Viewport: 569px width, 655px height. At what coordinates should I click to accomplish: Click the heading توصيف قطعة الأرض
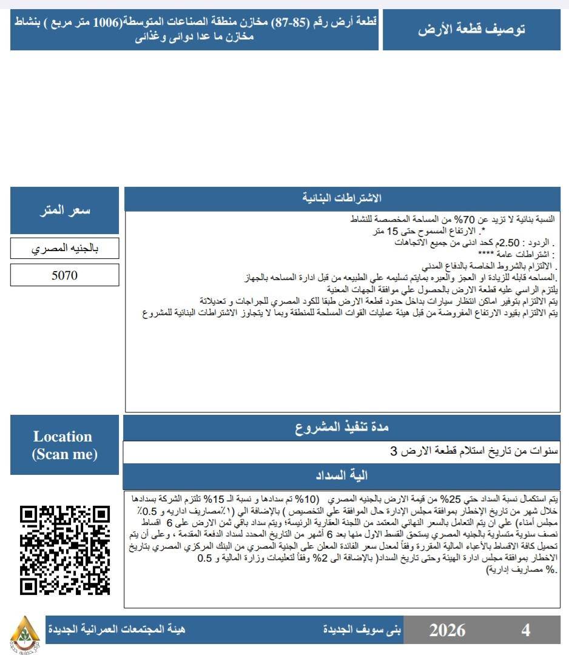pyautogui.click(x=471, y=30)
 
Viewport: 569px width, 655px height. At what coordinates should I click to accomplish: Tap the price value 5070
pyautogui.click(x=64, y=275)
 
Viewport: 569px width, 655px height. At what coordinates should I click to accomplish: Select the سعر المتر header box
pyautogui.click(x=64, y=210)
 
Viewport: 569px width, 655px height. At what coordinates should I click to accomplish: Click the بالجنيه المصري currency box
pyautogui.click(x=64, y=249)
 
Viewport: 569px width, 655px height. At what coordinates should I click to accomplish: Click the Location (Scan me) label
pyautogui.click(x=64, y=445)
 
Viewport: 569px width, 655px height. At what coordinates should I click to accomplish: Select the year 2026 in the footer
pyautogui.click(x=447, y=630)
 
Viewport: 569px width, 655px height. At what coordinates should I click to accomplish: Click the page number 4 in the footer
pyautogui.click(x=525, y=630)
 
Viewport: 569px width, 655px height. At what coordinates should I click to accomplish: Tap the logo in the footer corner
pyautogui.click(x=25, y=631)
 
